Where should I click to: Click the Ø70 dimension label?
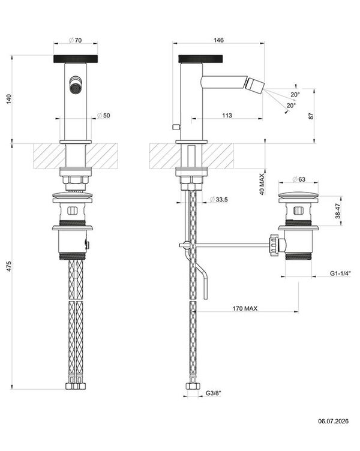click(x=76, y=40)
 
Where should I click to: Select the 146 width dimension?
click(x=219, y=40)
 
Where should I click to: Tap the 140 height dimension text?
click(x=10, y=99)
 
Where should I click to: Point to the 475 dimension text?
click(x=10, y=267)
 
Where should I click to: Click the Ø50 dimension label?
click(x=103, y=115)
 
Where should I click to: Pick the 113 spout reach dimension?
click(x=227, y=115)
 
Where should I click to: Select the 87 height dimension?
click(x=311, y=116)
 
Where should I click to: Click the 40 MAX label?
click(x=262, y=184)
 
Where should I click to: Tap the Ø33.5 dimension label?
click(x=219, y=199)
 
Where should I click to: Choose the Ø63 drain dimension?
click(x=299, y=179)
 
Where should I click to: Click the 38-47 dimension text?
click(x=338, y=211)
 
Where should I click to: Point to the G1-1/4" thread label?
click(x=340, y=273)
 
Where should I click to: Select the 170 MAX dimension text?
click(x=245, y=309)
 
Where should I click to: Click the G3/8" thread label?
click(x=213, y=393)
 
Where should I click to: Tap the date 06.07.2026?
click(x=333, y=421)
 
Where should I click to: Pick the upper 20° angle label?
click(x=295, y=94)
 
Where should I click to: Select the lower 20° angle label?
click(x=291, y=106)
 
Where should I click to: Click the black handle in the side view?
click(x=200, y=59)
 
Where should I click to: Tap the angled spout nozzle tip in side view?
click(x=254, y=85)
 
